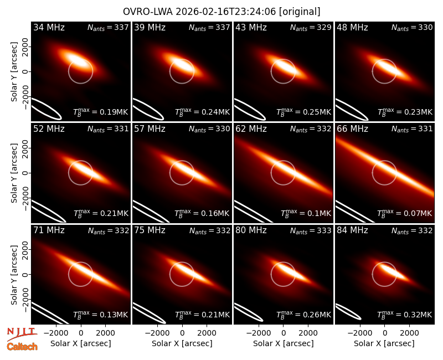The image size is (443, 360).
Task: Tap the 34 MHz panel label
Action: click(49, 27)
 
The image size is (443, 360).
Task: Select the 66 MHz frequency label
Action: click(352, 129)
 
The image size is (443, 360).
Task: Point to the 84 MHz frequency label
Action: click(352, 230)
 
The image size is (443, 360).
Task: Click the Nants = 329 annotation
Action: click(311, 28)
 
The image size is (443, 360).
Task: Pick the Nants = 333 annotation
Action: click(311, 231)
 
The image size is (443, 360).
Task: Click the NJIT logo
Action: click(22, 334)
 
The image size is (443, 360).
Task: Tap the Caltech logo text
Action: click(22, 347)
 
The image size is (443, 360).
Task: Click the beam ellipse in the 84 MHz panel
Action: click(348, 312)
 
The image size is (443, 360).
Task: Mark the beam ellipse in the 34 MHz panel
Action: click(47, 109)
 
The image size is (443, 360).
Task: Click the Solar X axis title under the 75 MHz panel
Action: click(182, 343)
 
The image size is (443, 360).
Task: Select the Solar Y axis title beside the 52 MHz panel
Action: click(14, 173)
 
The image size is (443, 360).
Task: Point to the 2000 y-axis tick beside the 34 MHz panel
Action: click(25, 47)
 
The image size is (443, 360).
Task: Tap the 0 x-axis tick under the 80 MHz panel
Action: click(284, 333)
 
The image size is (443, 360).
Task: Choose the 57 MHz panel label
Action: click(150, 129)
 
